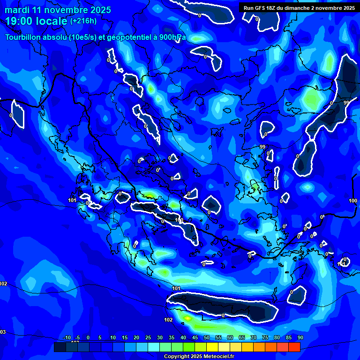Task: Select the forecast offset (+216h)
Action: click(83, 21)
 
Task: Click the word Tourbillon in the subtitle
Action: click(23, 37)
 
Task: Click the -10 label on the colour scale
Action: click(67, 337)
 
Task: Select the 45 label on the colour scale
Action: click(195, 337)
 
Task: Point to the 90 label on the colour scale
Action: click(300, 337)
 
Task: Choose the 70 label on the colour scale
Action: click(254, 337)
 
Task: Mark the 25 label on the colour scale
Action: click(148, 337)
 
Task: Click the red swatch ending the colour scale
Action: click(294, 347)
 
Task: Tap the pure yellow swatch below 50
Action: click(212, 347)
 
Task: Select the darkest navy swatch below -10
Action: click(60, 347)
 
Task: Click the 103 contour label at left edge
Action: click(2, 332)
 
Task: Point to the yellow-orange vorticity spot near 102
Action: click(187, 318)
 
